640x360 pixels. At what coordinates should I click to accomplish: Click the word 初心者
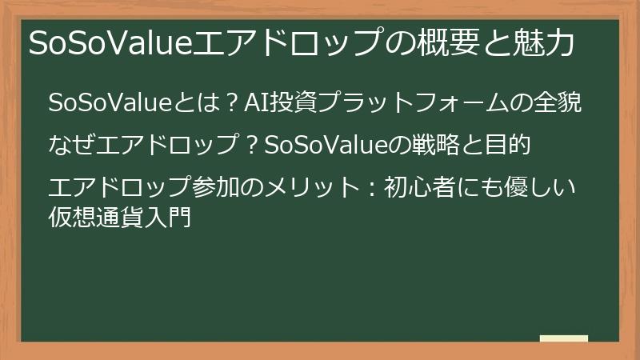pyautogui.click(x=418, y=190)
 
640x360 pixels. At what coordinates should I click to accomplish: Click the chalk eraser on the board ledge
pyautogui.click(x=563, y=339)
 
